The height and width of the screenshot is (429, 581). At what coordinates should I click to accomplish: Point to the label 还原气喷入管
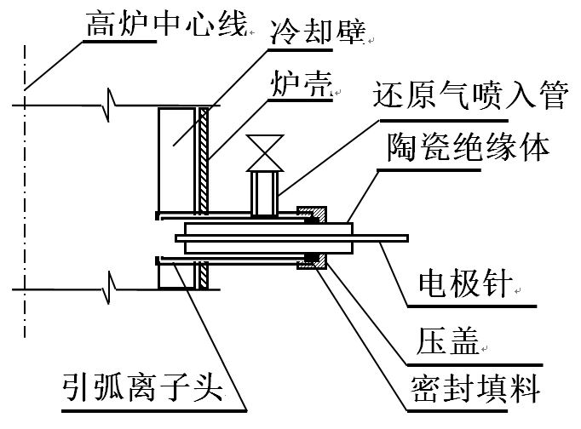[469, 96]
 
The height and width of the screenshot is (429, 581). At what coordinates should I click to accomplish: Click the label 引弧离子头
[141, 390]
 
